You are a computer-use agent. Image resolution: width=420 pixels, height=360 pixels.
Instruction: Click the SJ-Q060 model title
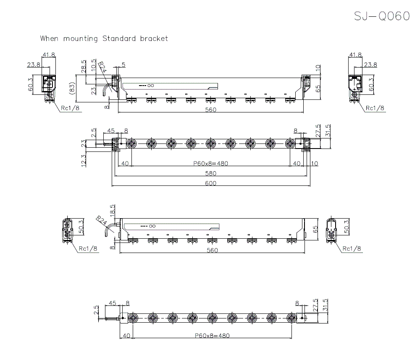click(381, 16)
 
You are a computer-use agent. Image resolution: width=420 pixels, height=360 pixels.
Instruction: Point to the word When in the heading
click(50, 39)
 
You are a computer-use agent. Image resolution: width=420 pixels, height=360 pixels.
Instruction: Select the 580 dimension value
click(211, 173)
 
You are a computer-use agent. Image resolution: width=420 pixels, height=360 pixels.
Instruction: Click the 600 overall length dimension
click(211, 183)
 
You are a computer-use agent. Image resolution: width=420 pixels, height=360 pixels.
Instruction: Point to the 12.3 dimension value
click(84, 160)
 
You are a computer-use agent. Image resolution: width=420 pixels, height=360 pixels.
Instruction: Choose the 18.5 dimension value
click(112, 210)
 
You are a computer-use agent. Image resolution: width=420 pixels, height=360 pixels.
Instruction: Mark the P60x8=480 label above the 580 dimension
click(211, 163)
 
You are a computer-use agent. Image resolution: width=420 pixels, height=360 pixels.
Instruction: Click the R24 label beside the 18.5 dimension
click(101, 221)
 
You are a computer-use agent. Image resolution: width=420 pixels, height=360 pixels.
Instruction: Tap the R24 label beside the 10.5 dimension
click(102, 67)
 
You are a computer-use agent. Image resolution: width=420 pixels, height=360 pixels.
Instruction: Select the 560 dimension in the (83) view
click(211, 110)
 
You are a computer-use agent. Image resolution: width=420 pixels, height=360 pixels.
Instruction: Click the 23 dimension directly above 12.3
click(84, 143)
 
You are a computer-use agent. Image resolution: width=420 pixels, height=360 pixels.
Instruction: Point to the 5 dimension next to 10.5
click(123, 64)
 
